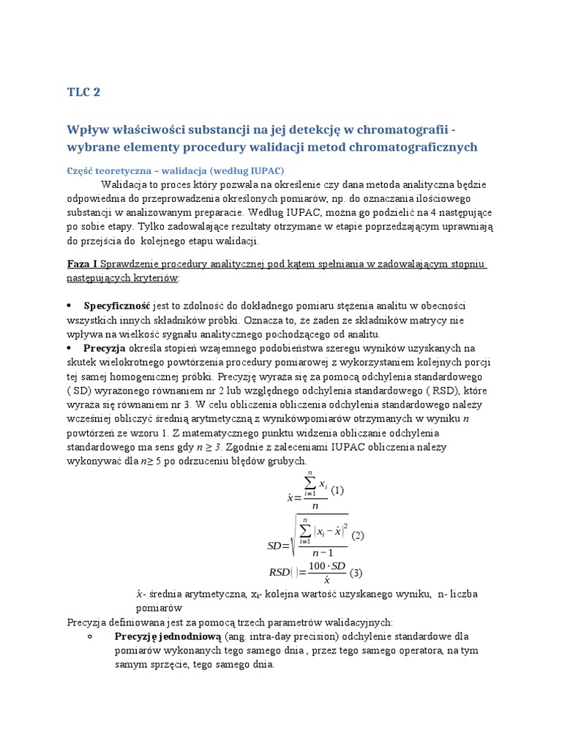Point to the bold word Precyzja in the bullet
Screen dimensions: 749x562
[x=105, y=347]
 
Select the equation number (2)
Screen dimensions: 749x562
[x=358, y=535]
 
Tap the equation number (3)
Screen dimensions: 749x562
[x=356, y=572]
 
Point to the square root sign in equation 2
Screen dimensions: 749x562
[x=293, y=538]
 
